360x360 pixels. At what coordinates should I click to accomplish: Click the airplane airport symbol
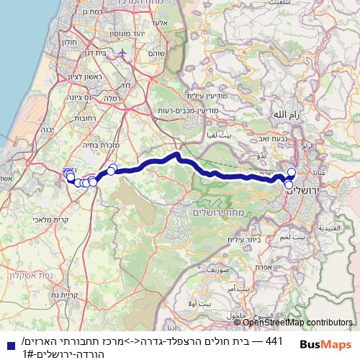point(123,53)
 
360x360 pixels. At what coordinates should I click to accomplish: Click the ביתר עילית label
point(242,238)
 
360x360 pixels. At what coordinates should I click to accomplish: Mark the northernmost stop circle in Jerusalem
point(292,171)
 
